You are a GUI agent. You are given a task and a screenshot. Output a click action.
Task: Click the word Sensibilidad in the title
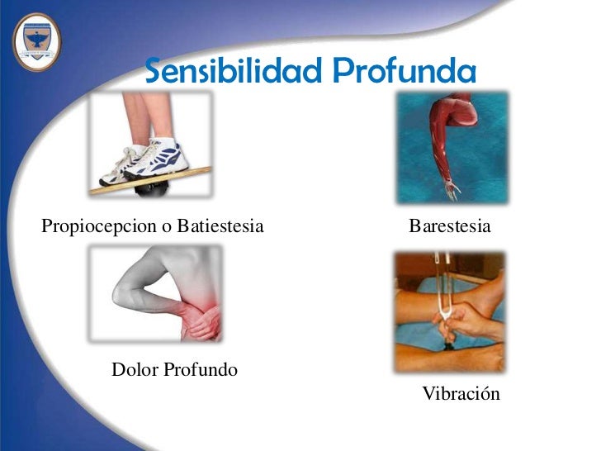(233, 73)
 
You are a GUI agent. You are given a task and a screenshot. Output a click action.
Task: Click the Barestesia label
(450, 225)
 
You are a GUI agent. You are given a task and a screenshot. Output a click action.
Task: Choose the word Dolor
(134, 369)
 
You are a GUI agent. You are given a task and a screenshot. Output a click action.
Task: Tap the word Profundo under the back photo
(200, 369)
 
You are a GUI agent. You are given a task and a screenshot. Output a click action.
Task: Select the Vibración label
(461, 394)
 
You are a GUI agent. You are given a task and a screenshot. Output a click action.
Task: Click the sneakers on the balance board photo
(149, 161)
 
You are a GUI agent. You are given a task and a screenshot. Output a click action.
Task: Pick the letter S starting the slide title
(155, 73)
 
